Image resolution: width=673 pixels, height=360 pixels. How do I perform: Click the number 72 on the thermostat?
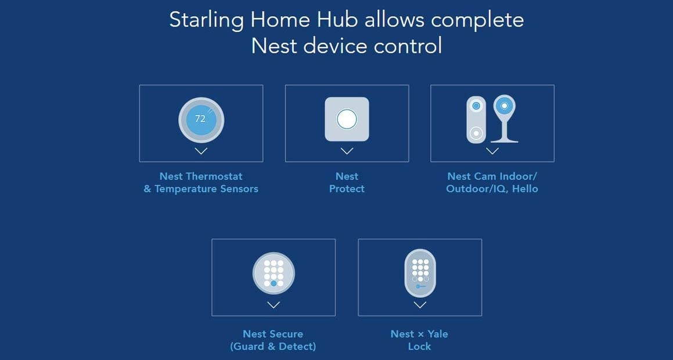click(200, 118)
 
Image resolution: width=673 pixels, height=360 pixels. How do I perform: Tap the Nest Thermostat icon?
click(201, 120)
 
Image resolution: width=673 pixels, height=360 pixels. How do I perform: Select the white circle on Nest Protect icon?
click(347, 120)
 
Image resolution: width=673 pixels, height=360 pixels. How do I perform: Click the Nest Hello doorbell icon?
click(476, 120)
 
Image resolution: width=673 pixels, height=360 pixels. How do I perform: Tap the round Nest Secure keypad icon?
click(273, 273)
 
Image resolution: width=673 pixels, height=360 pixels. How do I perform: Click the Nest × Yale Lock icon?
click(420, 273)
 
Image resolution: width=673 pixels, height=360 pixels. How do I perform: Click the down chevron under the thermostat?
click(201, 151)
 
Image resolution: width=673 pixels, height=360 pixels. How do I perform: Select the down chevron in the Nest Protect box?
click(347, 151)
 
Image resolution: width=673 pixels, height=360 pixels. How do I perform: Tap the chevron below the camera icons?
click(492, 151)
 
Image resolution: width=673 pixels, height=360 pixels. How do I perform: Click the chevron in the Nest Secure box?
click(273, 305)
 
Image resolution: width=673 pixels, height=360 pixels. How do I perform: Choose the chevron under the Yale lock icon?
click(420, 305)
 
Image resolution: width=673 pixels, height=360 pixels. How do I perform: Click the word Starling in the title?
click(206, 20)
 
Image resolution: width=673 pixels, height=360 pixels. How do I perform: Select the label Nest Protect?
click(347, 182)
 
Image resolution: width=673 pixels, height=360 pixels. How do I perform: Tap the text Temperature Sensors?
click(206, 189)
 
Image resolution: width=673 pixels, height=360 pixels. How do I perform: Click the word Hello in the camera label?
click(524, 189)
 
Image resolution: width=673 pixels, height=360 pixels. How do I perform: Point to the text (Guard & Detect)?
click(273, 347)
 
